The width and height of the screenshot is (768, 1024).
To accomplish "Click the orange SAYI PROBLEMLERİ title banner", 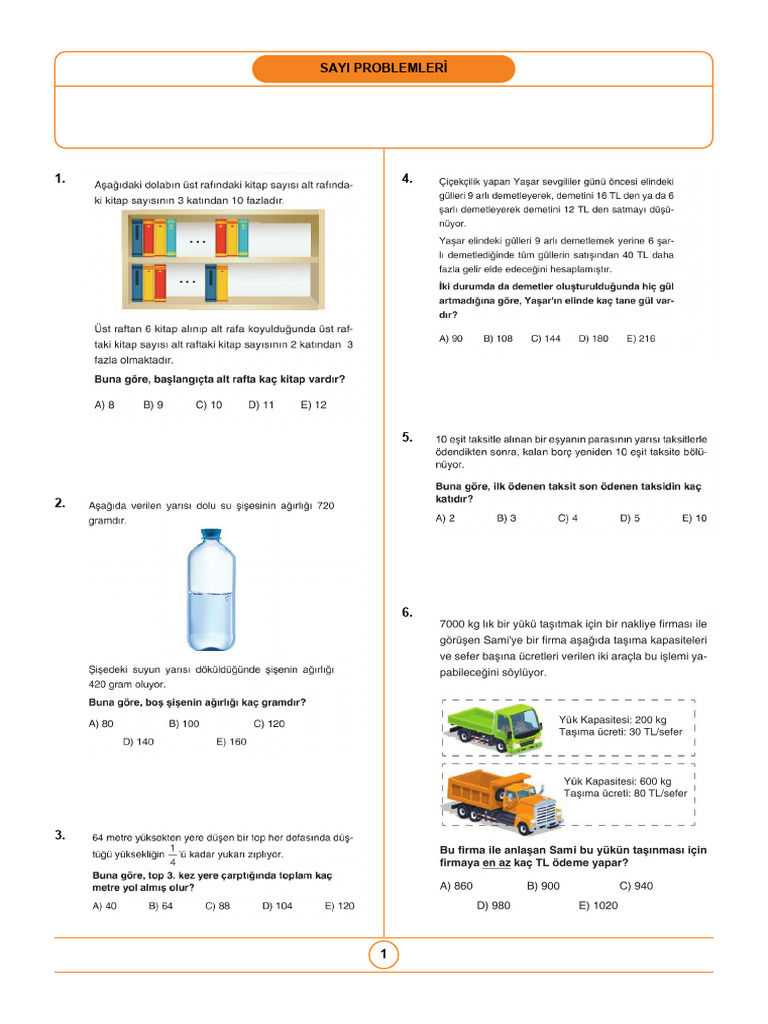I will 383,69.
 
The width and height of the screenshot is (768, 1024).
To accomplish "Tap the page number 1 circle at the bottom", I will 383,955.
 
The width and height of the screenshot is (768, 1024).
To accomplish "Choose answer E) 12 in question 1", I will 313,405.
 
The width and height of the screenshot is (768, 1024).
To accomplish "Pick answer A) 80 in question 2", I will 101,723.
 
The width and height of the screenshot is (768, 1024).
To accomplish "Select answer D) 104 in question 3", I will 277,906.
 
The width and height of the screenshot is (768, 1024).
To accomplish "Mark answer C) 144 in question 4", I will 545,339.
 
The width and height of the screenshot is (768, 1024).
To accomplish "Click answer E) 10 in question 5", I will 694,518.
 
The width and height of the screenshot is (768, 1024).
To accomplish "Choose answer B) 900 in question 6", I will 543,886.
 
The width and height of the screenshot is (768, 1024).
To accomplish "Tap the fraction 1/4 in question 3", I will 173,854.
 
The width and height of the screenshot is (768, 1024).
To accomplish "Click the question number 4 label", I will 407,179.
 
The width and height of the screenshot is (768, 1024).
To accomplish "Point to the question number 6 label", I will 407,612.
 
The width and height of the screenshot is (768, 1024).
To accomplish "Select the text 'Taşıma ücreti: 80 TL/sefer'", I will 626,793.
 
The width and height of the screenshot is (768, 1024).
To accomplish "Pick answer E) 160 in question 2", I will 231,742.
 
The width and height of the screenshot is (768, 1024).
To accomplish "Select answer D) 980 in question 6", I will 493,905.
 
